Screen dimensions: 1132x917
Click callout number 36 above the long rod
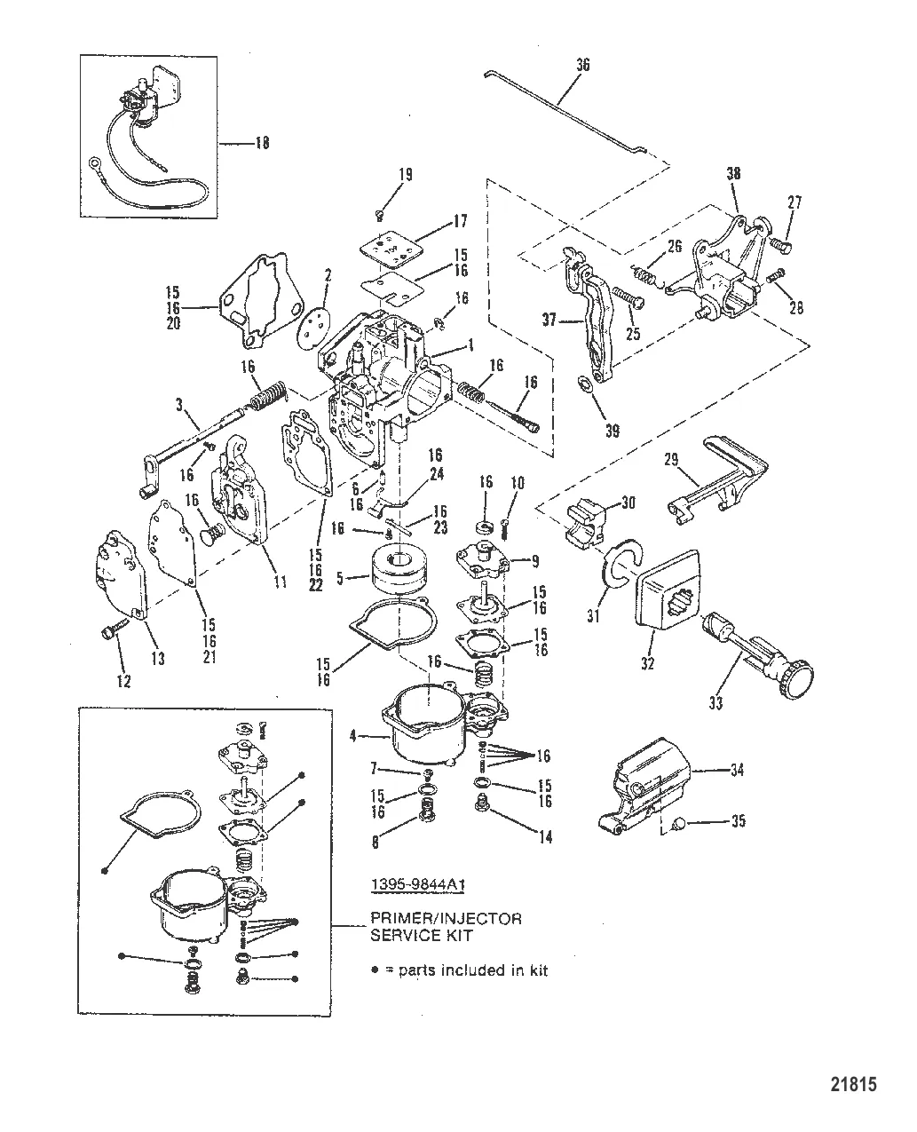[x=582, y=65]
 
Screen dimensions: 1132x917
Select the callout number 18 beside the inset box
[x=262, y=143]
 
